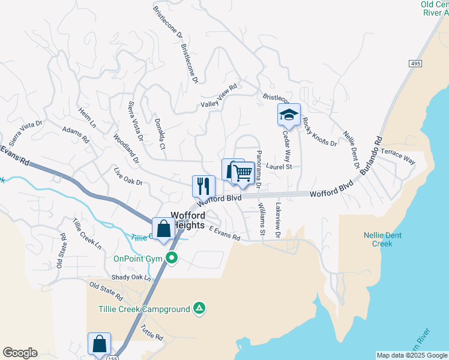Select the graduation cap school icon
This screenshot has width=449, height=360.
(x=289, y=114)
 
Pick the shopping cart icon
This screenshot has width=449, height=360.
(x=243, y=173)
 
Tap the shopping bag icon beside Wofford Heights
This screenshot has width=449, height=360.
(x=163, y=229)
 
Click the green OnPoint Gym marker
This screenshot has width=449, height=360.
(x=172, y=259)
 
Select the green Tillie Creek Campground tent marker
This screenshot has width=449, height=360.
(x=199, y=309)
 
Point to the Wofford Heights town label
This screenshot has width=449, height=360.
(x=189, y=220)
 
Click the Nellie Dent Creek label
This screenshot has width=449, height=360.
(x=378, y=239)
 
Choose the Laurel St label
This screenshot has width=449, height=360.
(x=279, y=167)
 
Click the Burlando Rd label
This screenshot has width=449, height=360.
(x=370, y=155)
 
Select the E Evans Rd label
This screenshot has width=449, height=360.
(x=224, y=233)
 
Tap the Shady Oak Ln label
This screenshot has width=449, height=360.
(x=131, y=277)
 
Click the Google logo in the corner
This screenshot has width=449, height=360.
(x=20, y=353)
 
